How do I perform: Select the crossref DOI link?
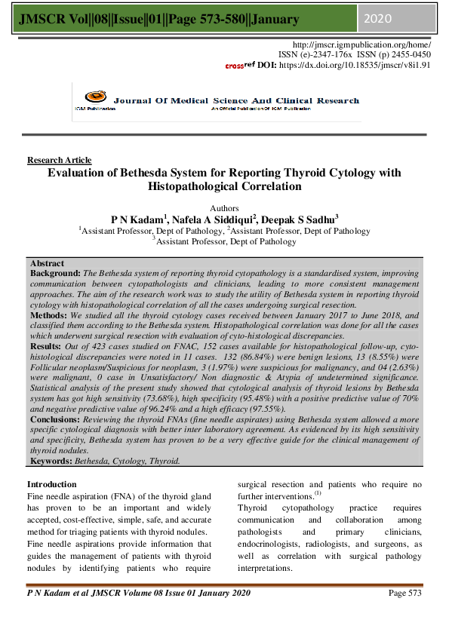[376, 65]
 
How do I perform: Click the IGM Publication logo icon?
[94, 97]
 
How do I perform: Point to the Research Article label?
[59, 160]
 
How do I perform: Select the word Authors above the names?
[223, 208]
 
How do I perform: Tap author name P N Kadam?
[138, 219]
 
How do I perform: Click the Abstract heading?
[47, 263]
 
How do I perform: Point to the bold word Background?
[55, 272]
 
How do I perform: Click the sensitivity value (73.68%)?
[180, 398]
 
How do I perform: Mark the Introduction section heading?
[51, 484]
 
